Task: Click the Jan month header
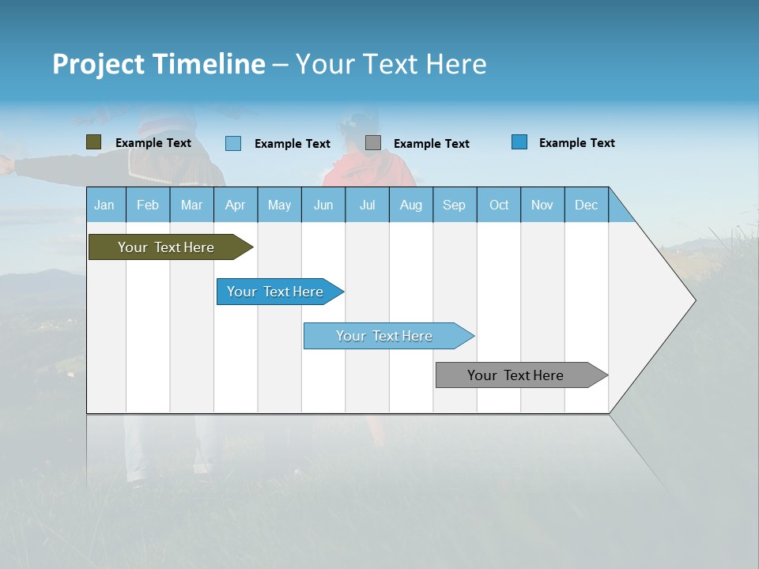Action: (105, 205)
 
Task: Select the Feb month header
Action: (148, 205)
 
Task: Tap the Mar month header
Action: (191, 205)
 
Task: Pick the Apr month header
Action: (236, 205)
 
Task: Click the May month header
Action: (279, 205)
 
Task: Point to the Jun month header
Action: (323, 205)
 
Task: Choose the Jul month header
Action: (367, 205)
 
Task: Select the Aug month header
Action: (411, 205)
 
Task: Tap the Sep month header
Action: (455, 205)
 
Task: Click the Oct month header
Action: (499, 205)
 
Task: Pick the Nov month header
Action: (542, 205)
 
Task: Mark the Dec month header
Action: (587, 205)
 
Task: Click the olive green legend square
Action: (94, 142)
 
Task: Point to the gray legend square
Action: (373, 142)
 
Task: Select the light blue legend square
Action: (233, 143)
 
